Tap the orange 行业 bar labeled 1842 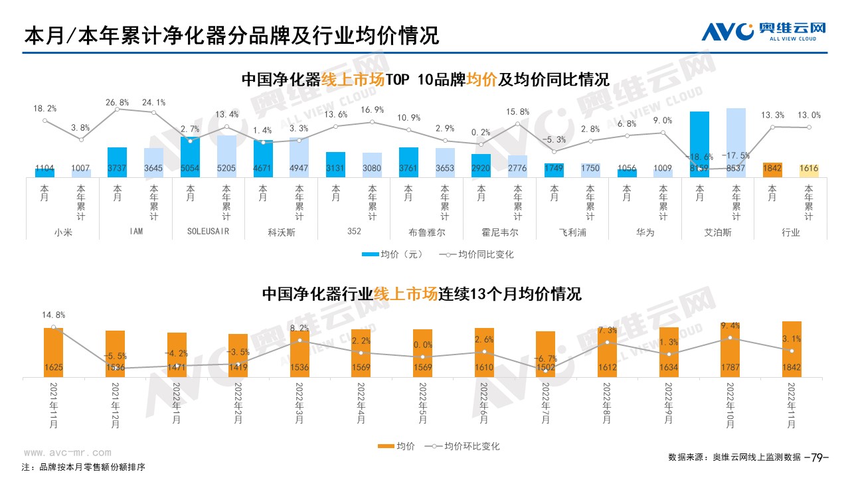pos(772,169)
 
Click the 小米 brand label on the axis pos(62,233)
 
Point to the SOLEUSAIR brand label pos(209,233)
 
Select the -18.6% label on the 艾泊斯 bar pos(699,157)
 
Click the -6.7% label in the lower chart pos(545,358)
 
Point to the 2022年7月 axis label pos(545,401)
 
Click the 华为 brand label pos(645,233)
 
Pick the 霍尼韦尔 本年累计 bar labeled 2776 pos(517,166)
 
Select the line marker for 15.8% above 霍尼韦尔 pos(517,123)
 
